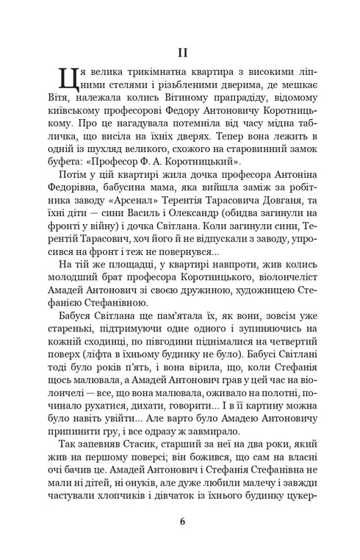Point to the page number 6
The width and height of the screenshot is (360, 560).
[181, 523]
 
